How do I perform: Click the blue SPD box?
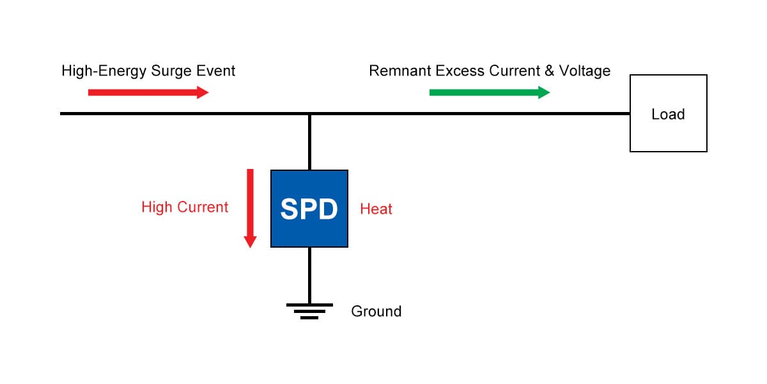click(x=309, y=209)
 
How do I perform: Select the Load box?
click(x=668, y=113)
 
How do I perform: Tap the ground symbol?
click(x=309, y=310)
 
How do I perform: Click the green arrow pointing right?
click(x=489, y=92)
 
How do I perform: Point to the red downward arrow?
click(x=250, y=208)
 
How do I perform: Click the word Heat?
click(x=376, y=209)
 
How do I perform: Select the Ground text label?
click(x=376, y=312)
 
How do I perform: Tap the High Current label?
click(x=185, y=207)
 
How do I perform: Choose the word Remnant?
click(x=400, y=70)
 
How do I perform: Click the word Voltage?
click(x=585, y=71)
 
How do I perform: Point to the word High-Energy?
click(x=104, y=71)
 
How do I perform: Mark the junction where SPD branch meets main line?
click(x=309, y=114)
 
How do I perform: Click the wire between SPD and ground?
click(x=309, y=275)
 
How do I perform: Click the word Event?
click(x=218, y=70)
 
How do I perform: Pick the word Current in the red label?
click(x=203, y=207)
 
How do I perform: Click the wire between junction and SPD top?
click(x=309, y=142)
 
